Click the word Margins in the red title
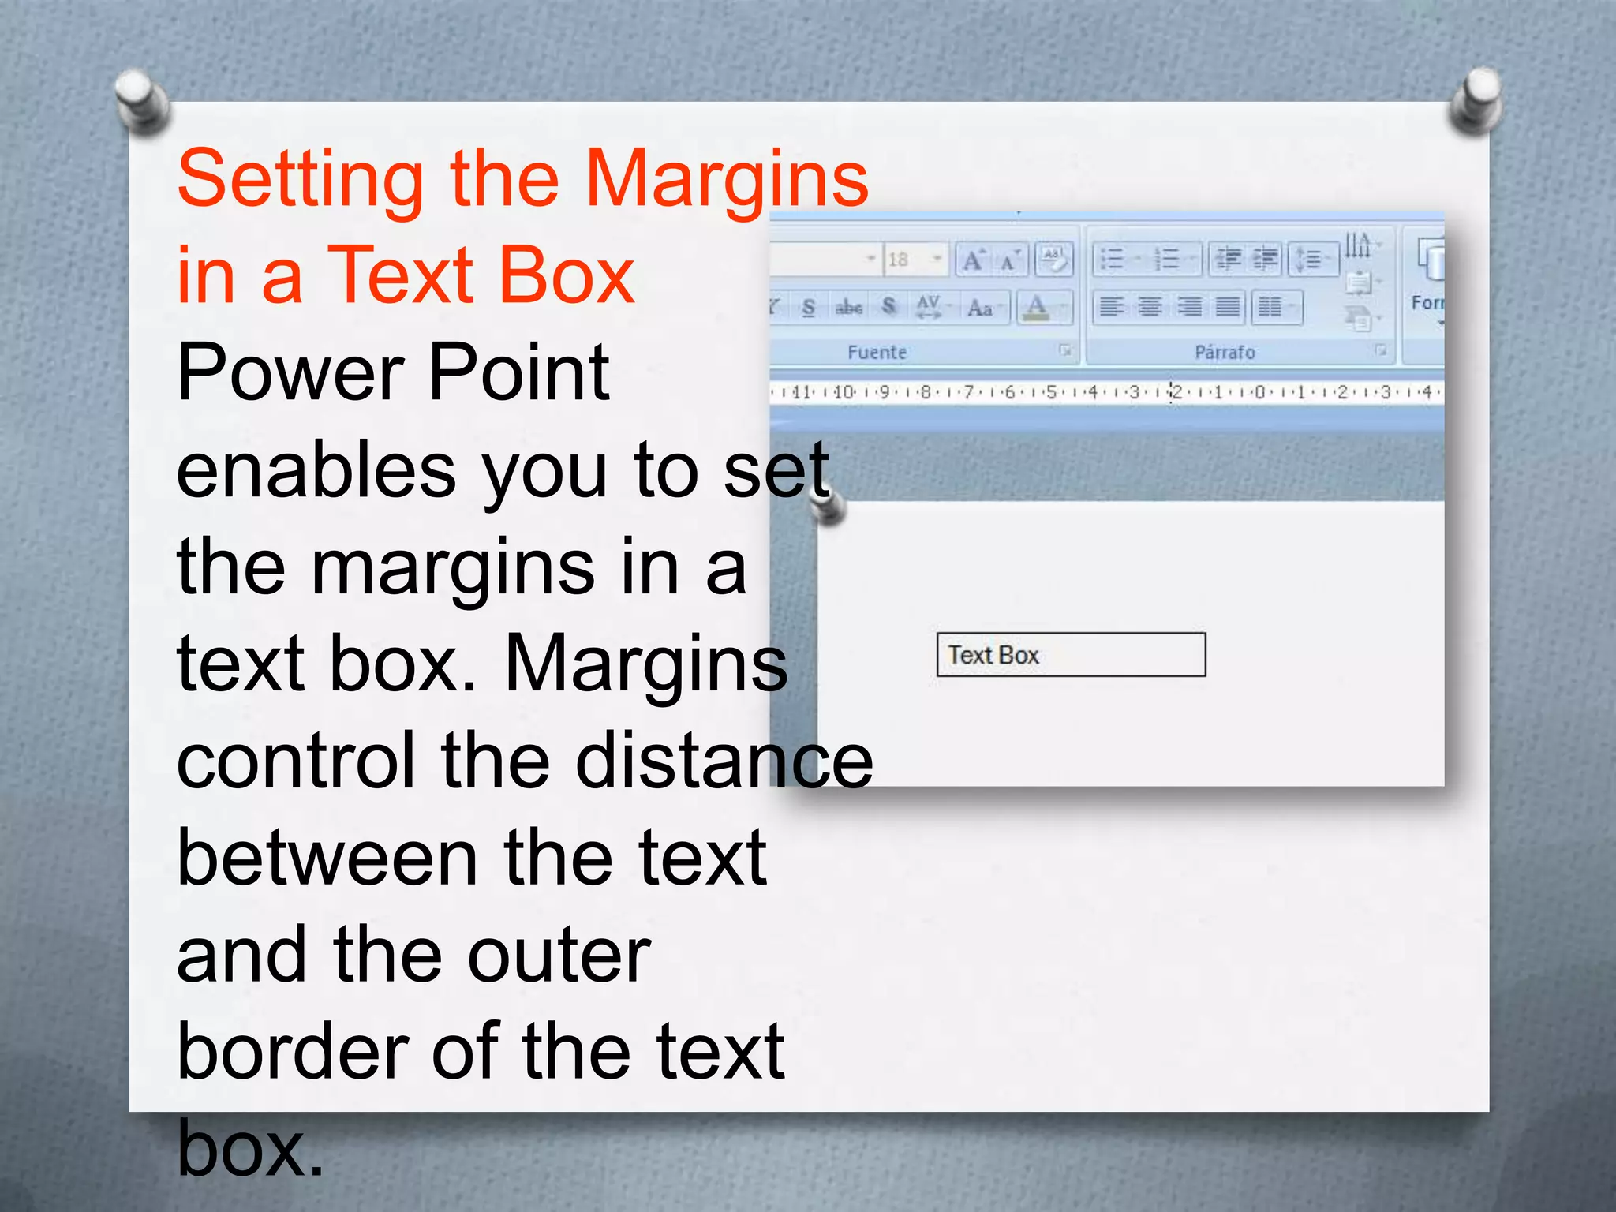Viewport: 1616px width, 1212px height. tap(726, 180)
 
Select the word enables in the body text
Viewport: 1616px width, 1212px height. tap(316, 471)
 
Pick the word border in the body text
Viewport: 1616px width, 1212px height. tap(292, 1051)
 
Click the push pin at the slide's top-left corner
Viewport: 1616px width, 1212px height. tap(140, 100)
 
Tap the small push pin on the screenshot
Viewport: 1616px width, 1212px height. tap(829, 507)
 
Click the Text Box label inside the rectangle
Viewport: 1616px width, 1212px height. tap(993, 655)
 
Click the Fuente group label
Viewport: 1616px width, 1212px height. tap(877, 353)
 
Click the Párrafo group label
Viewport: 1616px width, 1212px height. tap(1224, 353)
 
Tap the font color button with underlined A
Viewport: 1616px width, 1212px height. tap(1037, 307)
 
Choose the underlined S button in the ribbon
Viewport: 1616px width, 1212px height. tap(808, 307)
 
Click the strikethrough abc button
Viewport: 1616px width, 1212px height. tap(848, 307)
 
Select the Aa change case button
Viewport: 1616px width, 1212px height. tap(979, 307)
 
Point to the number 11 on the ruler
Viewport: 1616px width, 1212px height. tap(801, 392)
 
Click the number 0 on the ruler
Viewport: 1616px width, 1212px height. tap(1259, 392)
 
